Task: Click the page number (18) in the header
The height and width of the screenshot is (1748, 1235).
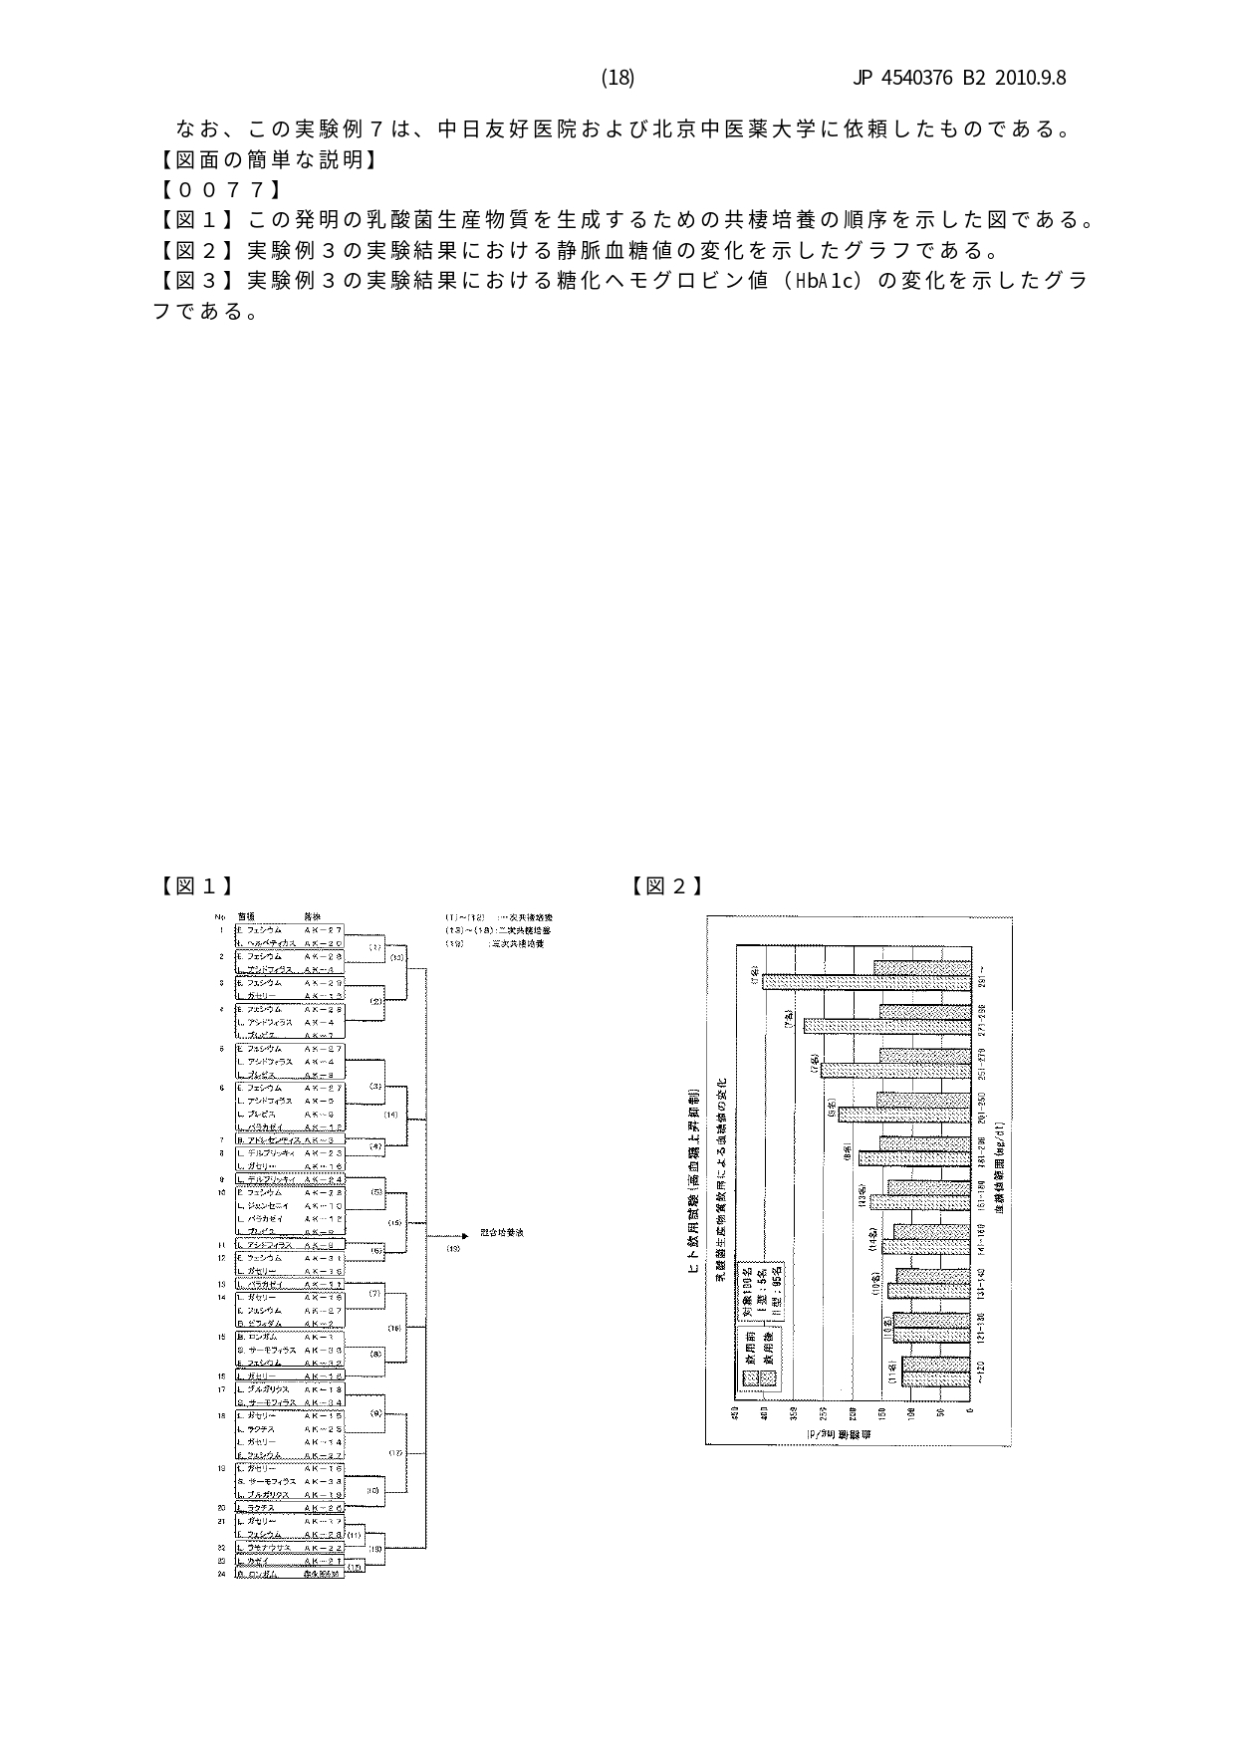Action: (x=617, y=78)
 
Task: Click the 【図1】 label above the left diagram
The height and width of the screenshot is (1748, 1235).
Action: (x=197, y=885)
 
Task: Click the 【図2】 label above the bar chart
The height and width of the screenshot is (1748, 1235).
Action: (x=667, y=885)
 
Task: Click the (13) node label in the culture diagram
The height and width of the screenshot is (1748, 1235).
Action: (x=395, y=957)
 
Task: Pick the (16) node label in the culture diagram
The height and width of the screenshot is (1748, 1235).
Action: (x=394, y=1328)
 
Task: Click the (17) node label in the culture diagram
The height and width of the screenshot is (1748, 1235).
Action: (x=394, y=1453)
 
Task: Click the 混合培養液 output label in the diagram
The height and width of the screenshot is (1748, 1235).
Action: (x=502, y=1233)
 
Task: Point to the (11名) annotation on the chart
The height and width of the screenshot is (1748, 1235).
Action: (x=893, y=1372)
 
